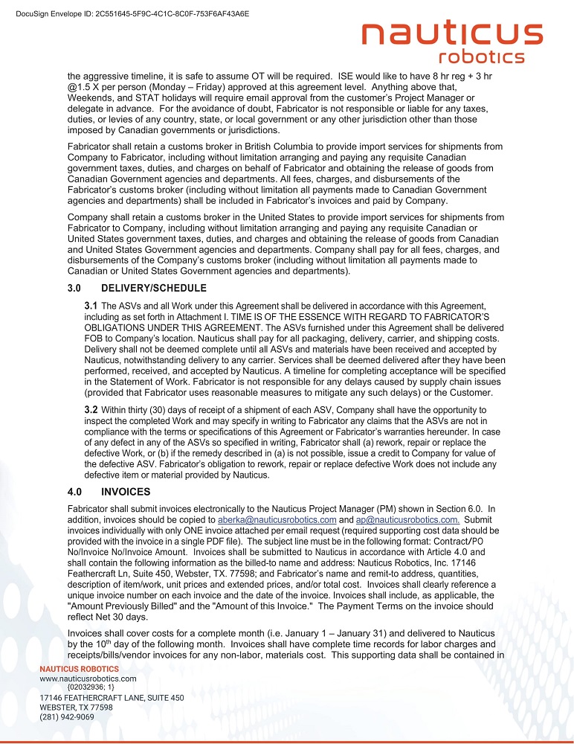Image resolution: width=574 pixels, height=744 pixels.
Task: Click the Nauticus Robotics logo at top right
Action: click(451, 43)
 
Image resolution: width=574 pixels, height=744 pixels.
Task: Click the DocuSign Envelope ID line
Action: click(132, 13)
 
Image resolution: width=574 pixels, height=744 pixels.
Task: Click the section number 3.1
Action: click(91, 305)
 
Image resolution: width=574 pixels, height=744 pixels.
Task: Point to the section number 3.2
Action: click(91, 409)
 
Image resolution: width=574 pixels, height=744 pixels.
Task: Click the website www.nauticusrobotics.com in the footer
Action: click(88, 679)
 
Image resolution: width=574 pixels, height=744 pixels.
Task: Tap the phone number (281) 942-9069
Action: click(66, 717)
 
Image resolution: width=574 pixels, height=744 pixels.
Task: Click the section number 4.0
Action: click(76, 491)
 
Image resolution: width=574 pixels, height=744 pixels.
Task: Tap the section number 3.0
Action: click(76, 288)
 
